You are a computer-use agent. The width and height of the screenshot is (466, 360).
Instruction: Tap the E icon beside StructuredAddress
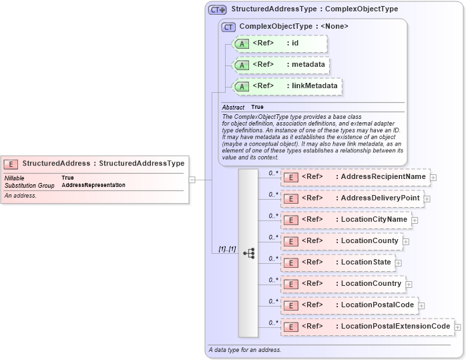pos(11,164)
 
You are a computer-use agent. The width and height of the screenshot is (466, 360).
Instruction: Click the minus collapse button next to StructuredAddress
pos(192,179)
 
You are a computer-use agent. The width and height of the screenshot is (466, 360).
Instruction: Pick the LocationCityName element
pos(346,220)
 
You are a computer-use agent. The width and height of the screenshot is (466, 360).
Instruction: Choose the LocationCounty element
pos(341,241)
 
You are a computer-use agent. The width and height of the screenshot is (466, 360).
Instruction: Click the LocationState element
pos(337,262)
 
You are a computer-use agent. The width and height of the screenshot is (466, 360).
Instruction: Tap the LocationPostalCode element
pos(349,305)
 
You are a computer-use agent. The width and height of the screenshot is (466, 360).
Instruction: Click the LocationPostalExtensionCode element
pos(367,327)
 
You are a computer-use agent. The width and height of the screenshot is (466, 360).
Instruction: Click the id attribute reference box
pos(280,43)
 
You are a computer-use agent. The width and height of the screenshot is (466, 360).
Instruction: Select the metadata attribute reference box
pos(280,65)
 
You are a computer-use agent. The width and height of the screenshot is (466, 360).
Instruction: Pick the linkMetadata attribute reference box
pos(286,86)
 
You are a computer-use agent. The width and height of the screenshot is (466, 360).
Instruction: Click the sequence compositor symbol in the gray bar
pos(248,253)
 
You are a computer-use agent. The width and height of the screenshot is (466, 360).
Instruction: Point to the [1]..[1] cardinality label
pos(227,248)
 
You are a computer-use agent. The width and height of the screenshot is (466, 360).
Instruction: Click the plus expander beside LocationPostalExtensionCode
pos(458,327)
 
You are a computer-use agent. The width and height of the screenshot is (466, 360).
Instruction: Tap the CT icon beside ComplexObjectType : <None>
pos(229,27)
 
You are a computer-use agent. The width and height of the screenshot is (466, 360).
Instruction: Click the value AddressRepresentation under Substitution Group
pos(93,185)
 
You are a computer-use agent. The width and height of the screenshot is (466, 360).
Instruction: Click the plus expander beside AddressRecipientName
pos(433,178)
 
